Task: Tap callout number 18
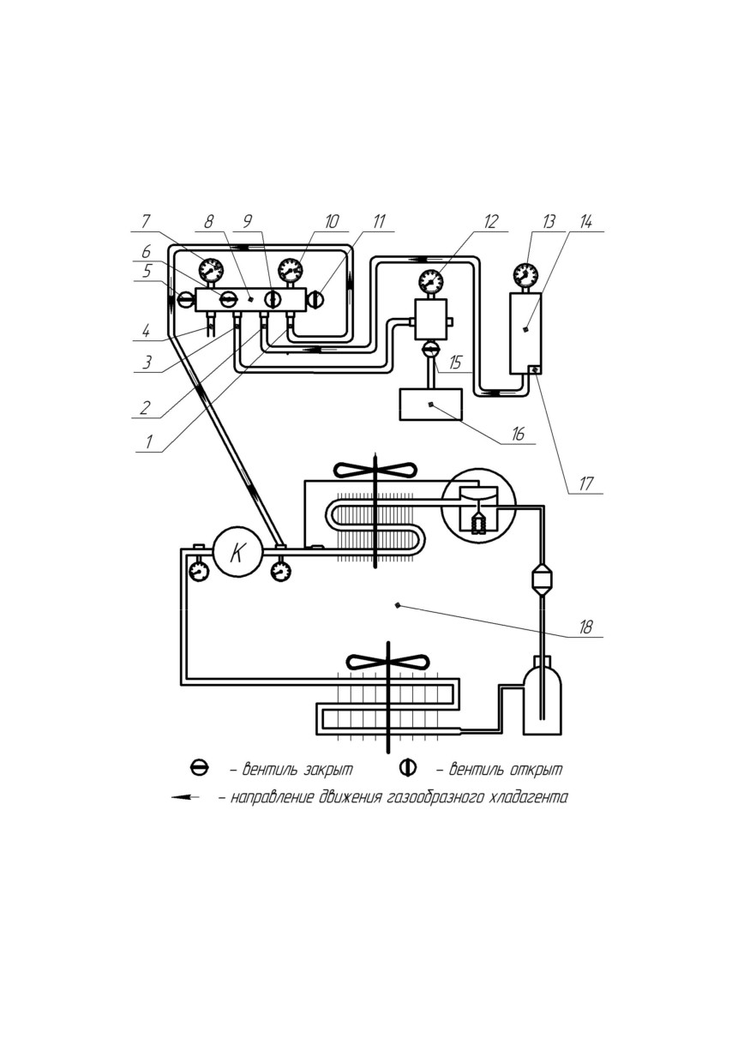point(585,627)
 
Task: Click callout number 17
point(586,483)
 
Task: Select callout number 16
point(519,434)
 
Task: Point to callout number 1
point(149,442)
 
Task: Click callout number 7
point(146,221)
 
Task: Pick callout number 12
point(491,221)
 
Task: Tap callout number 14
point(586,221)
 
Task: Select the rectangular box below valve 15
point(430,405)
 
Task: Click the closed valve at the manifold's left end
point(185,300)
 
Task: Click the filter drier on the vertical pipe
point(541,579)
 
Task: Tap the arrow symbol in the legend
point(185,797)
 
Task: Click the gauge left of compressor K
point(199,572)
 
